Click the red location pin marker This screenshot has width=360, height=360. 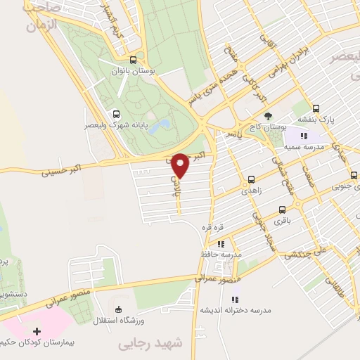(x=181, y=165)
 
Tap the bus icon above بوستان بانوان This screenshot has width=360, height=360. (x=132, y=60)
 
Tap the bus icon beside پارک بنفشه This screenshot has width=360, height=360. (x=316, y=109)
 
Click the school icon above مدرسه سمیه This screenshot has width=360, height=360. (x=303, y=136)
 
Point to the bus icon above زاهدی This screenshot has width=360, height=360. (x=252, y=179)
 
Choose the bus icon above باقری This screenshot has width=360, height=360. (x=283, y=210)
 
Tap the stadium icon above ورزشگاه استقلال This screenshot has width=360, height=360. (x=118, y=309)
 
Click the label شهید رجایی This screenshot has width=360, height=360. (x=151, y=343)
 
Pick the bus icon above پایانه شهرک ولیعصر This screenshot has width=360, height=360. (x=115, y=114)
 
